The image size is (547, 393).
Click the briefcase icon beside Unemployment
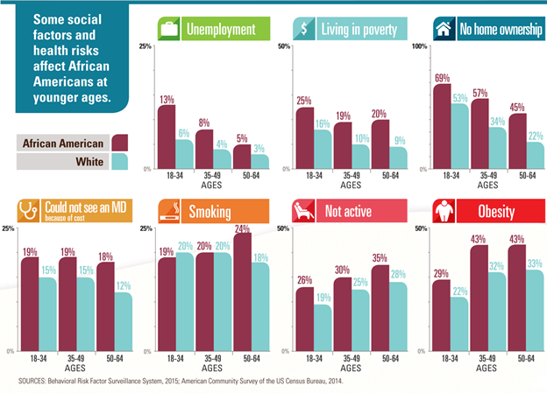tap(168, 30)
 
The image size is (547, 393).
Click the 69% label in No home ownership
tap(443, 78)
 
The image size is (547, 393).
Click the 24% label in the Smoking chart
tap(242, 228)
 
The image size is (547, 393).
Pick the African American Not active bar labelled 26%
tap(304, 318)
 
